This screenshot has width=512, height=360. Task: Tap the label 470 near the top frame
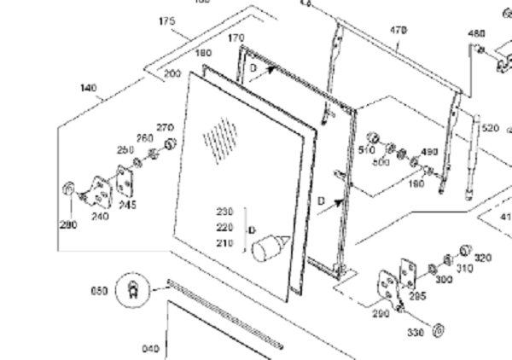coord(399,30)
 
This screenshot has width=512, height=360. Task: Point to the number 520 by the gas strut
coord(490,128)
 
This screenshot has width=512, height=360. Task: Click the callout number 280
coord(68,225)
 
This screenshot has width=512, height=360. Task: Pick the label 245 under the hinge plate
coord(127,205)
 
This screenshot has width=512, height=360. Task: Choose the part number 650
coord(100,290)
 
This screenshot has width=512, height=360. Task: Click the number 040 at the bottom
coord(150,348)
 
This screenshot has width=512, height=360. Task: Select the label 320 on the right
coord(483,258)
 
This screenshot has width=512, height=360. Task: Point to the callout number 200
coord(172,74)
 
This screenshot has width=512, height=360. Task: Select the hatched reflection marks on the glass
coord(220,138)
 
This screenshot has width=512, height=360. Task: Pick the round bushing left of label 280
coord(67,189)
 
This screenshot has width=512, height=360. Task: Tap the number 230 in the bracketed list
coord(224,212)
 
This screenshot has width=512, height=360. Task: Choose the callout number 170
coord(236,38)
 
